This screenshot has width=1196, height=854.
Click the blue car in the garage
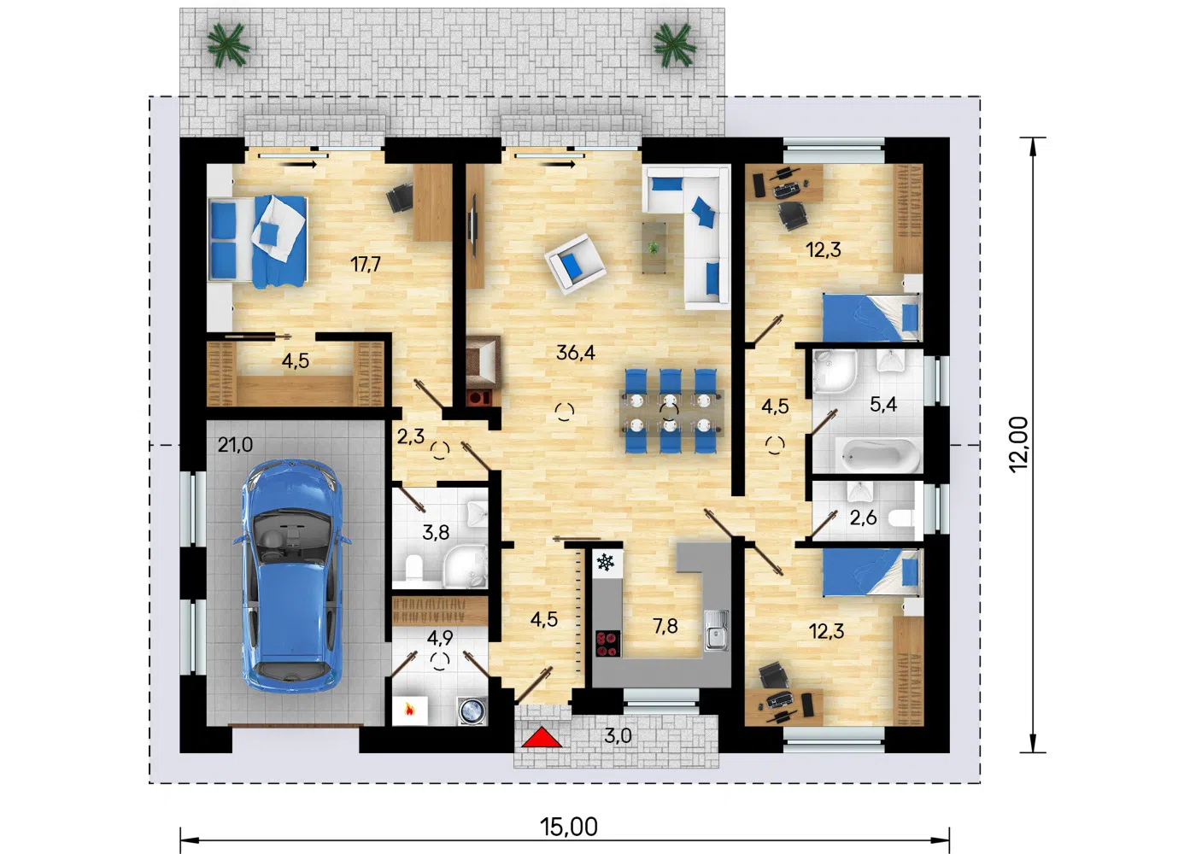[x=292, y=576]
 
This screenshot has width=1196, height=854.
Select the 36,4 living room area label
[x=576, y=352]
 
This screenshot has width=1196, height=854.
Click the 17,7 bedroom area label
[x=366, y=264]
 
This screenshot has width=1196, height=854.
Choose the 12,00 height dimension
[x=1018, y=444]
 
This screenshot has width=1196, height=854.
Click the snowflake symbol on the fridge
[x=606, y=562]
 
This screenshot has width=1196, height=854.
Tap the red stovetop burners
[x=608, y=644]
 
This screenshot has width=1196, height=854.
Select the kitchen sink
[x=716, y=631]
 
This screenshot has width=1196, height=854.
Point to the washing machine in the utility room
[x=472, y=711]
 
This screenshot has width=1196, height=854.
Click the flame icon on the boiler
[x=409, y=710]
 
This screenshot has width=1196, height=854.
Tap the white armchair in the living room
[x=574, y=263]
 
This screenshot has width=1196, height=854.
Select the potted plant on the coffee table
[x=653, y=248]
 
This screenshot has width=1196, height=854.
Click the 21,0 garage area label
[x=235, y=444]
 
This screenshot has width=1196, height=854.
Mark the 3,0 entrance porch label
[x=618, y=736]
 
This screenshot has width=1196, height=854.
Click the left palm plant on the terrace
[x=228, y=44]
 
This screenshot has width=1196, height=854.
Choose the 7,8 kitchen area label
[x=665, y=625]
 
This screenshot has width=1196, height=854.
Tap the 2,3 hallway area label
[x=411, y=436]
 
